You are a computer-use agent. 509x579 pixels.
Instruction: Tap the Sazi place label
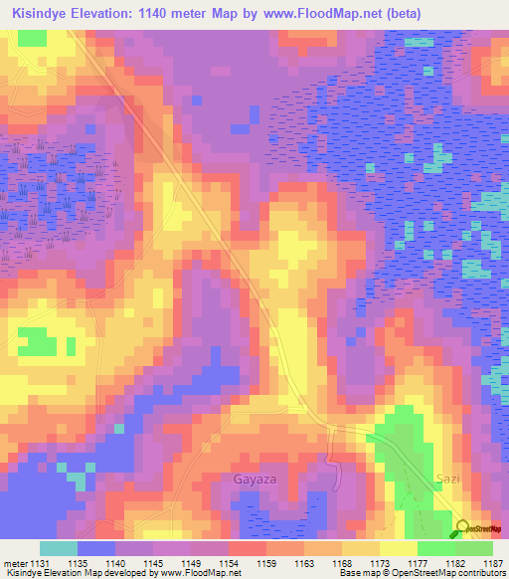tap(448, 480)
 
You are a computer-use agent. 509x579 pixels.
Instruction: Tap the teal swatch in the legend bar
tap(59, 548)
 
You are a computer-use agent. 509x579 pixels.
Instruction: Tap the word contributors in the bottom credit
tap(481, 573)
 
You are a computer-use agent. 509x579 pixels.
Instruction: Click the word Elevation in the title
tap(100, 14)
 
